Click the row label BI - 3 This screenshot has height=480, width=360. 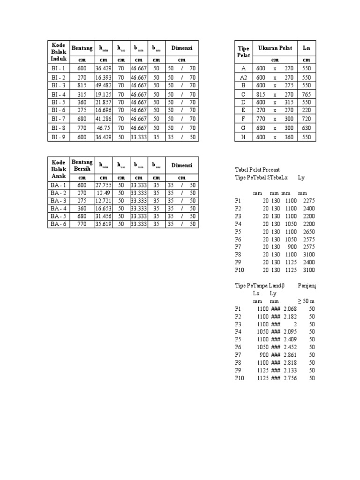59,85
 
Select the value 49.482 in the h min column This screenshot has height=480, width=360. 103,85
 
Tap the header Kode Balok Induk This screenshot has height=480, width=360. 59,52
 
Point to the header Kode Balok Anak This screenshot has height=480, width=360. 59,169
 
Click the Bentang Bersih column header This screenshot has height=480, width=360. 82,165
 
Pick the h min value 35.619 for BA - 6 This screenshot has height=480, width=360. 103,224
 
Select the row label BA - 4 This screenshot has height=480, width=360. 59,208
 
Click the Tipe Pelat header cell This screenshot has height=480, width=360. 244,52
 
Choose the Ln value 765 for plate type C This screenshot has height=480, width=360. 307,93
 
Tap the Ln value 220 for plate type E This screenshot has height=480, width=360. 307,110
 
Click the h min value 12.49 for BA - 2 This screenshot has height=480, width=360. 104,193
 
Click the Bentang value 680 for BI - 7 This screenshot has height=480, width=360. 82,119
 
